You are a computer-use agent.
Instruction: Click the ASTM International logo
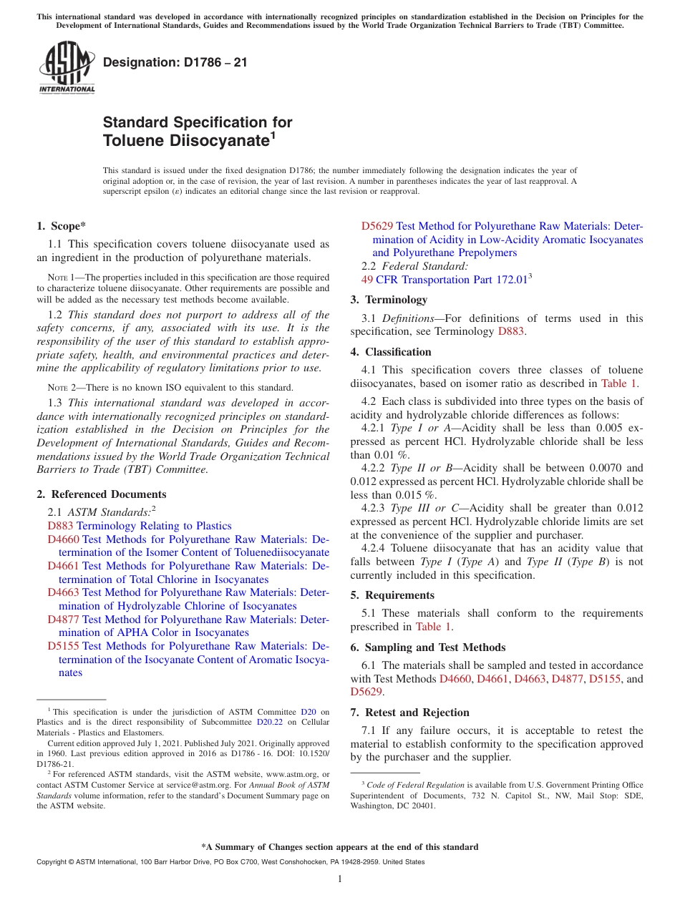pyautogui.click(x=67, y=68)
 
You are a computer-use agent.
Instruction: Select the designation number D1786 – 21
pyautogui.click(x=175, y=62)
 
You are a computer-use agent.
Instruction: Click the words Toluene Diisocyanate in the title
pyautogui.click(x=185, y=141)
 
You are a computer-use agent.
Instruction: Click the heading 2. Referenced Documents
pyautogui.click(x=101, y=494)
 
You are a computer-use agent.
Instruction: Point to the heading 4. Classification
pyautogui.click(x=391, y=352)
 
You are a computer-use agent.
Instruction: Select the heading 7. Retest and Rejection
pyautogui.click(x=409, y=713)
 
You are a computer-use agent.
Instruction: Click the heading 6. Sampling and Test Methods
pyautogui.click(x=428, y=647)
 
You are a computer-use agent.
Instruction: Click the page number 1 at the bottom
pyautogui.click(x=340, y=879)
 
